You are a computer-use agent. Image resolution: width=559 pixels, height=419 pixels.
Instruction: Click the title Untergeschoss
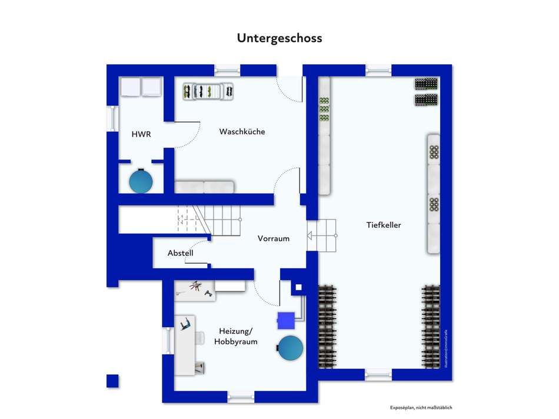coord(279,38)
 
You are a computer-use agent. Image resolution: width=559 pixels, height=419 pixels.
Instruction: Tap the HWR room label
coord(141,134)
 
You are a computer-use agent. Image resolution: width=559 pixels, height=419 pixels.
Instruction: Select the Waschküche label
coord(242,131)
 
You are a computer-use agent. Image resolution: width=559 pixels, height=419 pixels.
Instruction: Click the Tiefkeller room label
coord(383,225)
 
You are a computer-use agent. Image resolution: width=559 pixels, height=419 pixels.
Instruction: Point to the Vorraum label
coord(274,238)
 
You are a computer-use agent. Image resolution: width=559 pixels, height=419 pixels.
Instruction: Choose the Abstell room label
coord(181,253)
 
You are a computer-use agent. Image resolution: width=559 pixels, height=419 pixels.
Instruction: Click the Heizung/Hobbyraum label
coord(235,336)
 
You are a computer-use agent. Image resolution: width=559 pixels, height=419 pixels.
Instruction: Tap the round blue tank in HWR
coord(141,181)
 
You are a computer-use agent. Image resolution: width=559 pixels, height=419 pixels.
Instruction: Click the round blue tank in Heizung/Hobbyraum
coord(291,348)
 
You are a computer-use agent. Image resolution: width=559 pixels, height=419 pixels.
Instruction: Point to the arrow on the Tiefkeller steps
coord(310,237)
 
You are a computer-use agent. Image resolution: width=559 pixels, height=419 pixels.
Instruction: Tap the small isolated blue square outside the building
coord(112,381)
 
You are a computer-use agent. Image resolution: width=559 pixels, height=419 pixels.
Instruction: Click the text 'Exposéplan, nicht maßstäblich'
coord(421,408)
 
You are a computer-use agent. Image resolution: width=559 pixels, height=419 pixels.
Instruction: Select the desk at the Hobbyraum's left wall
coord(187,344)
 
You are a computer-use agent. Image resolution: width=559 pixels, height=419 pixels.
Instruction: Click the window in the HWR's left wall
coord(110,118)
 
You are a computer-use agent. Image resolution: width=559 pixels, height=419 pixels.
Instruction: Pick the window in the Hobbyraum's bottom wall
coord(241,397)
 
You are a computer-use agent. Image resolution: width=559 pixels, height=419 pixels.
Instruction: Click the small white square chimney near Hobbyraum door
coord(298,288)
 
